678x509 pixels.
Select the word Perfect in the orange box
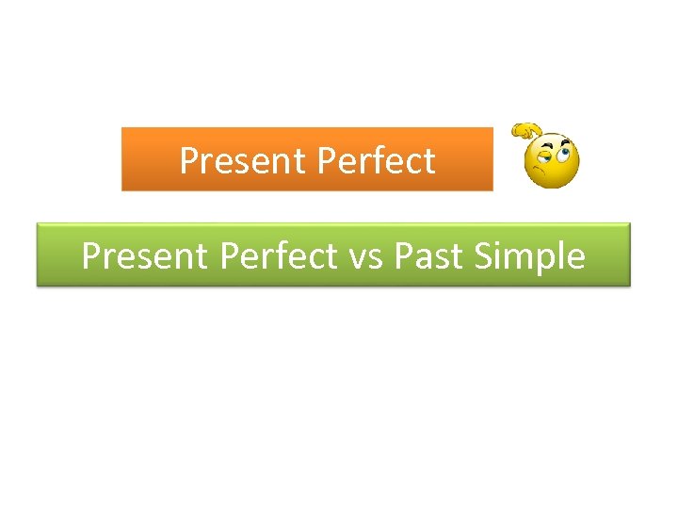point(377,161)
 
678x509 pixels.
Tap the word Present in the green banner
point(145,255)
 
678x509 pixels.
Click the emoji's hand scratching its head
point(525,131)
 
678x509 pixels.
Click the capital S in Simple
point(484,255)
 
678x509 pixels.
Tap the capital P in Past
point(403,255)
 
